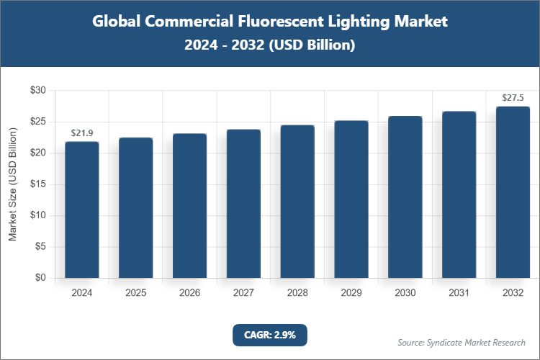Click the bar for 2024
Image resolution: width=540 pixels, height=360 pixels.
coord(82,210)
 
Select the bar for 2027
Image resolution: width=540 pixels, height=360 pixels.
coord(243,204)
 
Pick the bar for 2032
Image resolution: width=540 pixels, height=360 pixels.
coord(513,192)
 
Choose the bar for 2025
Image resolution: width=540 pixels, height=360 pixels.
coord(136,207)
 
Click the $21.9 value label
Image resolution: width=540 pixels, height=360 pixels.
coord(82,133)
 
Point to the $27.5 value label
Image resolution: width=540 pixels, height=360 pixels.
coord(513,98)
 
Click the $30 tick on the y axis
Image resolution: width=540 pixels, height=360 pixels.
coord(37,91)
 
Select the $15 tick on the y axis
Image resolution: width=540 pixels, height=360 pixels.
coord(37,184)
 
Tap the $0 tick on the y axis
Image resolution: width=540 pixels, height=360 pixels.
coord(40,278)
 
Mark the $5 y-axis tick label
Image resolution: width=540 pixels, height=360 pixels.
coord(40,247)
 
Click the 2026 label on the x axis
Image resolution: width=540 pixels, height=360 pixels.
coord(190,293)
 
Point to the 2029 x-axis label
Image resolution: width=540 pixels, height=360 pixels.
coord(351,293)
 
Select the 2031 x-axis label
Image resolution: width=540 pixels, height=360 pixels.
coord(459,293)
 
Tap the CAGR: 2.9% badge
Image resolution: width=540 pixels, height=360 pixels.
coord(270,335)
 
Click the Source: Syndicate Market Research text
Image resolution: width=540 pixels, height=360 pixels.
coord(461,342)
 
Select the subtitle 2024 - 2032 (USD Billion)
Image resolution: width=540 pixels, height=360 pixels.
coord(270,45)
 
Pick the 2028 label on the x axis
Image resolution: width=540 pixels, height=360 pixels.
coord(297,293)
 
